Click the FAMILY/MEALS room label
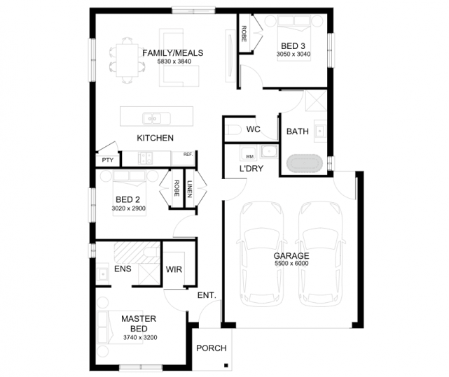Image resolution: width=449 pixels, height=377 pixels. (x=173, y=53)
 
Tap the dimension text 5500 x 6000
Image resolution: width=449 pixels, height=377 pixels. (x=291, y=264)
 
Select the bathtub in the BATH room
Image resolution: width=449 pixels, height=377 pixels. (x=305, y=164)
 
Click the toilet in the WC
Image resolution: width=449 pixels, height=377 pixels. (x=233, y=129)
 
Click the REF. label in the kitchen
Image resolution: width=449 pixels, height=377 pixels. (x=188, y=154)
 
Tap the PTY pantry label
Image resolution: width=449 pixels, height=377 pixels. (x=108, y=160)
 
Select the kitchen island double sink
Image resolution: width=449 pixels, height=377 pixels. (x=156, y=118)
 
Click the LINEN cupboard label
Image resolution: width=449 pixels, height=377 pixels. (x=190, y=189)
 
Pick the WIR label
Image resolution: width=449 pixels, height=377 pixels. (x=174, y=269)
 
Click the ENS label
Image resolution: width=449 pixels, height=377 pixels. (x=123, y=269)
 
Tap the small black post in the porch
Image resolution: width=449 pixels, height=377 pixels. (x=226, y=365)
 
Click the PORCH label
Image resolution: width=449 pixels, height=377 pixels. (x=212, y=348)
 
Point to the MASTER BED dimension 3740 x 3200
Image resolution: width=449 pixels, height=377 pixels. (x=140, y=338)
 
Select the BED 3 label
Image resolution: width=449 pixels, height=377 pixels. (x=293, y=45)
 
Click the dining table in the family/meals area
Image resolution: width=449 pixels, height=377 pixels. (x=127, y=60)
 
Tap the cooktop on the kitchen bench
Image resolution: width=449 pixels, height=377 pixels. (x=145, y=158)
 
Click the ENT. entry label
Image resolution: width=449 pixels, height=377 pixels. (x=207, y=295)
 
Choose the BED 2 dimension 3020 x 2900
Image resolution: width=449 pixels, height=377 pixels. (x=129, y=208)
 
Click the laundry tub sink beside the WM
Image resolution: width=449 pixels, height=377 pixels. (x=269, y=152)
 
